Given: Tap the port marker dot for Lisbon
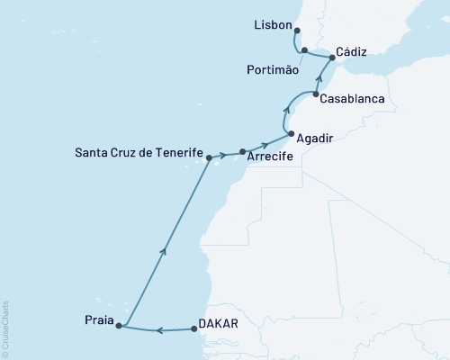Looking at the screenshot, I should coord(297,30).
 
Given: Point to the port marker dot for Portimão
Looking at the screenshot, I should coord(305,50).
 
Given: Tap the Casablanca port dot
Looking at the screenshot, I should coord(316,94).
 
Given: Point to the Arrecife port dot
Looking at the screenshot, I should coord(243,152).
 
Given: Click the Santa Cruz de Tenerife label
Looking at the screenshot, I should coord(139,155).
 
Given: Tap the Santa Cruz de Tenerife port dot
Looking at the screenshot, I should coord(209,158).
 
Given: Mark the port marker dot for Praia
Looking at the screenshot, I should coord(120,326).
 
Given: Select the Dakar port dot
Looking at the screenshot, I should coord(194,329).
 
